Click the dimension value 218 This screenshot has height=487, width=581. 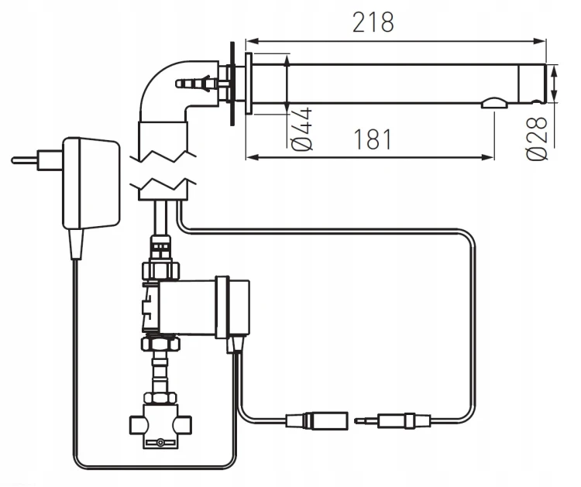[x=373, y=22]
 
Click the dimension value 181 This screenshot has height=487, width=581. [x=373, y=139]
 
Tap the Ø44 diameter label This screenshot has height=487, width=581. [x=301, y=129]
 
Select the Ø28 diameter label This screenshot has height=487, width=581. [x=538, y=139]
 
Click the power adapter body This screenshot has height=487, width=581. [x=91, y=183]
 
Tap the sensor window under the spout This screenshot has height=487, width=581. [x=494, y=103]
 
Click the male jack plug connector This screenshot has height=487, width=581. [x=393, y=421]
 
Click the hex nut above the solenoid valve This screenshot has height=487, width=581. [x=161, y=270]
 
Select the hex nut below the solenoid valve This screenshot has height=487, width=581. [x=161, y=344]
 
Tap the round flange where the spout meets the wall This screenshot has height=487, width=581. [x=249, y=84]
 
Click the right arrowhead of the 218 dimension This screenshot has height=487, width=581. [x=540, y=41]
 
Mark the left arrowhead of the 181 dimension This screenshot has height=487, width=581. [x=253, y=157]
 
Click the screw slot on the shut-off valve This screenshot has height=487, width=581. [x=160, y=442]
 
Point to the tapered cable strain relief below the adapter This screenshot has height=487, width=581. [x=77, y=244]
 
